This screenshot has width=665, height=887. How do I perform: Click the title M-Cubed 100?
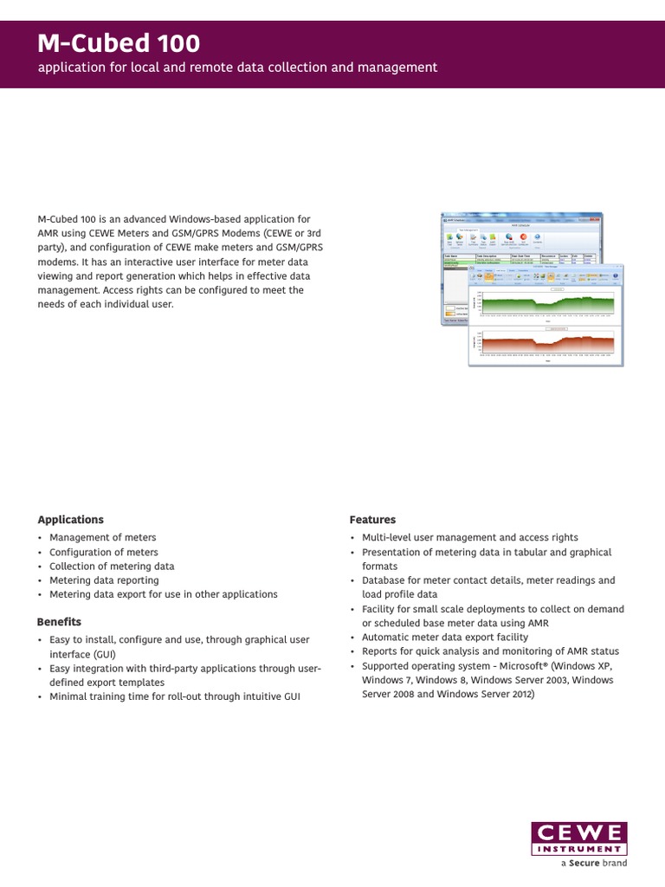click(x=119, y=43)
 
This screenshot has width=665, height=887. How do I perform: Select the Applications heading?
click(x=70, y=520)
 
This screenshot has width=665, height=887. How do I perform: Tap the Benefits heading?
click(x=59, y=622)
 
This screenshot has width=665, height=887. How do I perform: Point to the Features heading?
click(x=372, y=520)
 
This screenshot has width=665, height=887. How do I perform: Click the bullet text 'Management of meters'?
click(x=102, y=538)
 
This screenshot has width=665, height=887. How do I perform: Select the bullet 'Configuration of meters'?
click(x=103, y=552)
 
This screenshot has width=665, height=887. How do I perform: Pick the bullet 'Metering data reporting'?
click(x=104, y=580)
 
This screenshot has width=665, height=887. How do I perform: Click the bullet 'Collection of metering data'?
click(x=112, y=567)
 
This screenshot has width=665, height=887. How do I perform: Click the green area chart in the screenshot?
click(x=547, y=304)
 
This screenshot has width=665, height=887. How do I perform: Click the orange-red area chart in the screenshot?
click(x=547, y=345)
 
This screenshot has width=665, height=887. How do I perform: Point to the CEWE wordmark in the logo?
click(x=578, y=833)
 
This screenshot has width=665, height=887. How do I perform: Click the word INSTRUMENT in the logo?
click(x=578, y=849)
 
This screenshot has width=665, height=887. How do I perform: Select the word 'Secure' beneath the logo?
click(x=584, y=864)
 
